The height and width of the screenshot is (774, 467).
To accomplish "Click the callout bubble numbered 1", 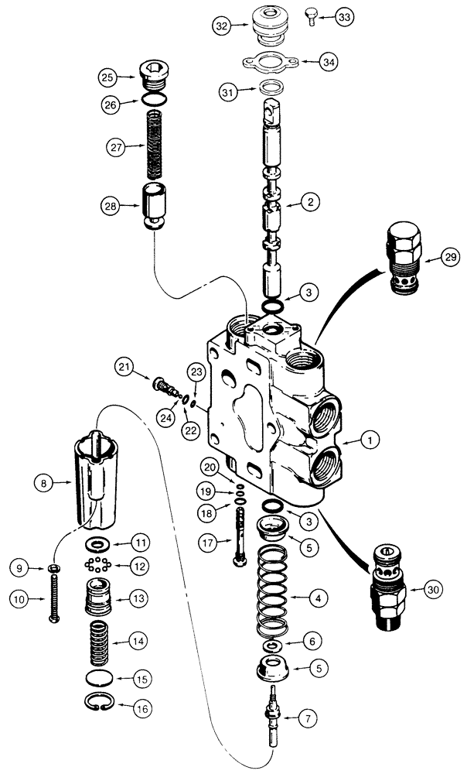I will tap(370, 440).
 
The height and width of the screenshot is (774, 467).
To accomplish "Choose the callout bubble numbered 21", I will tap(126, 365).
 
